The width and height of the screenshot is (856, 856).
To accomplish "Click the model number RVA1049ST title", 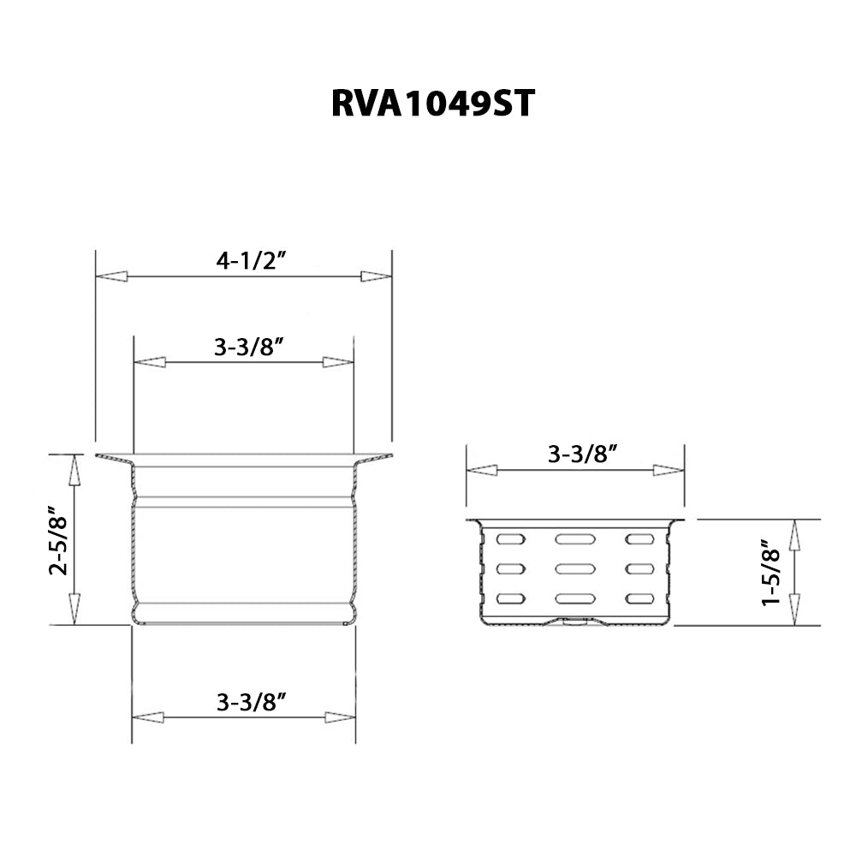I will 433,104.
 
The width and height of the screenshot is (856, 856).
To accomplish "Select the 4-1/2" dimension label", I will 250,261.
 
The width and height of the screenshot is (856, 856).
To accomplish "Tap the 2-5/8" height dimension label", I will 58,544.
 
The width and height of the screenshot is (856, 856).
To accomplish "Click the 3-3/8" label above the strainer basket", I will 583,455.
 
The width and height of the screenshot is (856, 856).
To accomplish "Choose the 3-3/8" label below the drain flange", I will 251,703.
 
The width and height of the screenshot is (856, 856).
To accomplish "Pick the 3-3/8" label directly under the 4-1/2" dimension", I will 249,348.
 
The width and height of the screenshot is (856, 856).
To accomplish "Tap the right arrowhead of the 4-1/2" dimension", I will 376,276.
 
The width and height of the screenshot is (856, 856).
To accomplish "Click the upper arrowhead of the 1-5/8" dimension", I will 794,535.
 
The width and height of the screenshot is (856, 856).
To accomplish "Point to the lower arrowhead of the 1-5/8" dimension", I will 794,610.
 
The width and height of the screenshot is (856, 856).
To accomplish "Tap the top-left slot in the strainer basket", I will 510,539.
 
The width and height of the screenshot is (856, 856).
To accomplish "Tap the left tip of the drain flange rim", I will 98,456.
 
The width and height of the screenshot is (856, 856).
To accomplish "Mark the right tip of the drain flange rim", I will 390,456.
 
